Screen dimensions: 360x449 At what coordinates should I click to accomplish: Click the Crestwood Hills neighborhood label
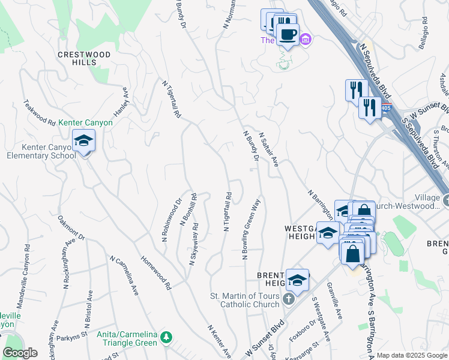[84, 58]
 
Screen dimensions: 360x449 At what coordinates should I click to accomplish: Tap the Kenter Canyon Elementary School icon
[83, 142]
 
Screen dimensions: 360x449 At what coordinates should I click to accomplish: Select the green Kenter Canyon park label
[85, 122]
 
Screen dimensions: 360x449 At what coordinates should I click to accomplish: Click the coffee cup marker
[287, 34]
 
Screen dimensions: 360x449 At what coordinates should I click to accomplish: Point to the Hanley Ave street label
[122, 101]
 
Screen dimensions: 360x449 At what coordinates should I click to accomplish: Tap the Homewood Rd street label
[156, 274]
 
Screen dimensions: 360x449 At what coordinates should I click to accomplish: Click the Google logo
[20, 352]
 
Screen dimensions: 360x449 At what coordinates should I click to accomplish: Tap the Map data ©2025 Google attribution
[412, 355]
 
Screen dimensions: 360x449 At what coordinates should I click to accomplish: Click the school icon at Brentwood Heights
[297, 280]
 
